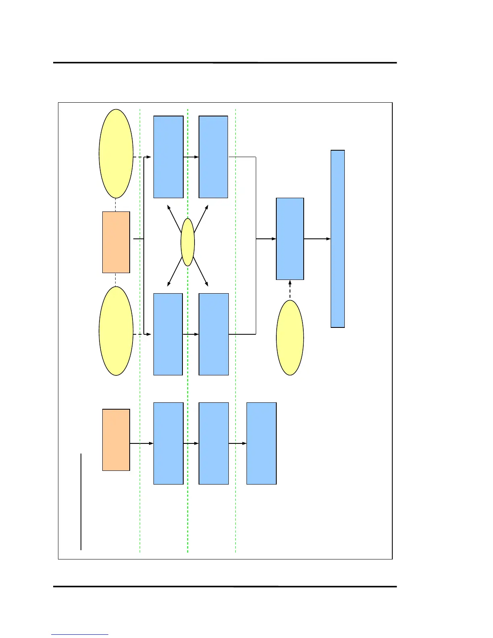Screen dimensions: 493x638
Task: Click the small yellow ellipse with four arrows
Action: coord(188,242)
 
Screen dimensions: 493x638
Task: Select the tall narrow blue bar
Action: coord(338,239)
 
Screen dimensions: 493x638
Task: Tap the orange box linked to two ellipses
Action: coord(116,242)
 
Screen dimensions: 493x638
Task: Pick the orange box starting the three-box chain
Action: coord(116,440)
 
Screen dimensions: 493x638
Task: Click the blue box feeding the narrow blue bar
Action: coord(290,239)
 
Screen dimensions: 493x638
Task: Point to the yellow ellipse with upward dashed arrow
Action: coord(290,338)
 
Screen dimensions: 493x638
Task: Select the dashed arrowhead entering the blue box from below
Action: coord(290,283)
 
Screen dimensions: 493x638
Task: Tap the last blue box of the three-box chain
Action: coord(261,443)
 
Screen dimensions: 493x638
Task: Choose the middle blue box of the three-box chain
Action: coord(213,443)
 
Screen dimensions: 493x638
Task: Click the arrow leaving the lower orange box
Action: coord(141,443)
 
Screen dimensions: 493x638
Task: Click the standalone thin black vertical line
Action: coord(81,501)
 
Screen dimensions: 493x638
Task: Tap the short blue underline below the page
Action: coord(80,634)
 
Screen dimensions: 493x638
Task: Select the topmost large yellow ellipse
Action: coord(116,153)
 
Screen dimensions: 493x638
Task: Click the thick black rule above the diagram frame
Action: coord(225,63)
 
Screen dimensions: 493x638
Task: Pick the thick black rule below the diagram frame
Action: coord(225,586)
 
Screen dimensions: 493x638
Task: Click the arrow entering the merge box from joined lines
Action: coord(266,239)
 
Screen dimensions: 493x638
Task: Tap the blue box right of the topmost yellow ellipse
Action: coord(168,157)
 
